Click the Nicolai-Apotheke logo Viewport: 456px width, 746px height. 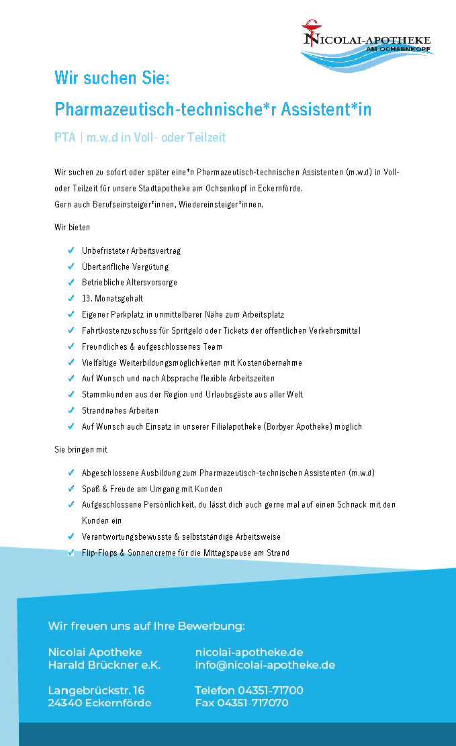(x=367, y=44)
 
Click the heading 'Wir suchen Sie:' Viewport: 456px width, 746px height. (x=111, y=78)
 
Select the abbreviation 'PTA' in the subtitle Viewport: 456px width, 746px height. (x=65, y=138)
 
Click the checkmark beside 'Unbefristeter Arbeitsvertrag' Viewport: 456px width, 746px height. (x=71, y=250)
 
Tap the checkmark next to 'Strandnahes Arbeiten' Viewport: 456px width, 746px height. (x=71, y=410)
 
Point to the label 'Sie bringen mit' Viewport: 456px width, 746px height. (x=81, y=449)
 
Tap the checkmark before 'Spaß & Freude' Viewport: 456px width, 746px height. (x=71, y=489)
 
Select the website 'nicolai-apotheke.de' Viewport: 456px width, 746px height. (x=248, y=652)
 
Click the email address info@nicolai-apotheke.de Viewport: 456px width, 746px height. (x=265, y=665)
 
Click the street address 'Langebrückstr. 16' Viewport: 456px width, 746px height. (x=96, y=690)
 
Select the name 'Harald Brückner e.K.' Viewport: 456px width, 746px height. (x=104, y=665)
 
